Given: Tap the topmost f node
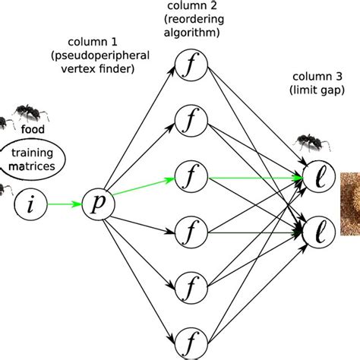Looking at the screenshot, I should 188,65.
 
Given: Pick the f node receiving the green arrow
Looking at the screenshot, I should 188,177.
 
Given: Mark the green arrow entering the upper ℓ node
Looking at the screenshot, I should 251,178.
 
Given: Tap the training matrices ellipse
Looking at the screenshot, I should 32,159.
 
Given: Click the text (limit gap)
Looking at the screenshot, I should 317,91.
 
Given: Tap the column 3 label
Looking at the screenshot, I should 317,77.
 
